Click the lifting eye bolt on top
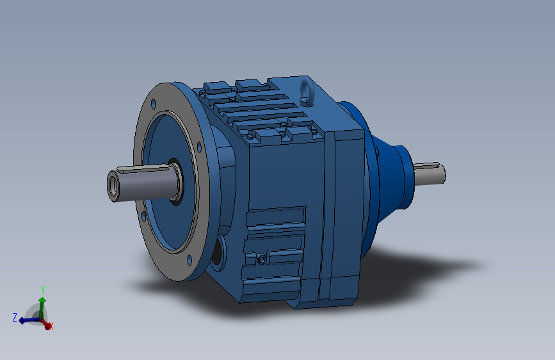pyautogui.click(x=307, y=92)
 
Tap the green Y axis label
pyautogui.click(x=43, y=290)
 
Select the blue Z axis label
pyautogui.click(x=15, y=318)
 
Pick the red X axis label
pyautogui.click(x=51, y=326)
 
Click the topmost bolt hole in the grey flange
pyautogui.click(x=153, y=104)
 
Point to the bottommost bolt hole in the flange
pyautogui.click(x=189, y=260)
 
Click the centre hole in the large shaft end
pyautogui.click(x=113, y=186)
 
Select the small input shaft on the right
pyautogui.click(x=429, y=174)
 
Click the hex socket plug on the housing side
pyautogui.click(x=262, y=259)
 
